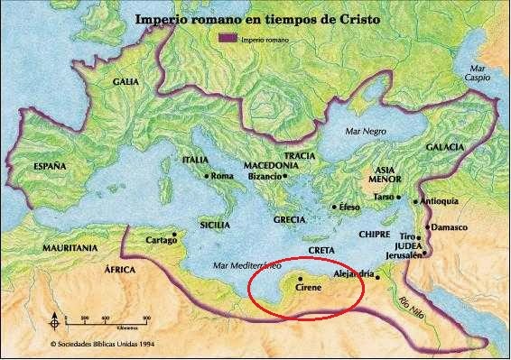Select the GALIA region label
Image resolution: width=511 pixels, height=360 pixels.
(125, 81)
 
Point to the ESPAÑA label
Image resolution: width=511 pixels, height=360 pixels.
(51, 167)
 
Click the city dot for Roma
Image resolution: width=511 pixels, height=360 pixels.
(207, 176)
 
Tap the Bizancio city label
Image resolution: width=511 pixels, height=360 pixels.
(264, 177)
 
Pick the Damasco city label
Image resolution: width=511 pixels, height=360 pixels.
(449, 227)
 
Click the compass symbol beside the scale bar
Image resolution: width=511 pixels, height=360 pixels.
(56, 320)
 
